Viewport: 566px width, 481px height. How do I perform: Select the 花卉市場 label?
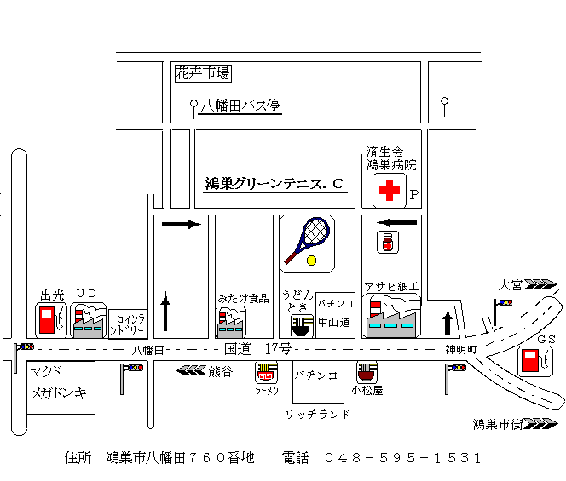202,74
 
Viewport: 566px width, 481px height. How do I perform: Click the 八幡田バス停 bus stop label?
240,106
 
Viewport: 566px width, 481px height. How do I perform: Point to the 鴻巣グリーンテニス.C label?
274,183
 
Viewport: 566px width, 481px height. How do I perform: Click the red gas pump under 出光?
48,320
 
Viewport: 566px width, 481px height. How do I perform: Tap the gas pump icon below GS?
534,361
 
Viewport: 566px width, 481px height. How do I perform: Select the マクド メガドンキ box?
61,385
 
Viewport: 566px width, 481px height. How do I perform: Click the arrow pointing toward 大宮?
540,285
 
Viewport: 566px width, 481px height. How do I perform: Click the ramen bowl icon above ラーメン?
267,372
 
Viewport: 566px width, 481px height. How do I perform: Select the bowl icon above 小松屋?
367,373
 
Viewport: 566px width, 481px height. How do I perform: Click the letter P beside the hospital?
415,194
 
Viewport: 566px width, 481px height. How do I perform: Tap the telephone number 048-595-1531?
403,457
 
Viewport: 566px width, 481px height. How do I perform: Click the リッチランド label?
318,414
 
